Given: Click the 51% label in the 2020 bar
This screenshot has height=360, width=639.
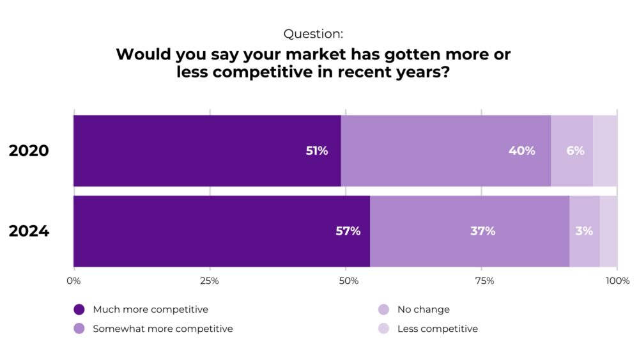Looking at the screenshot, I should point(316,151).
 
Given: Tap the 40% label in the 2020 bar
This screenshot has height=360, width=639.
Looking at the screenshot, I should point(521,151).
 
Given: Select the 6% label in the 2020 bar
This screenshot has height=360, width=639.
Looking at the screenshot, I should point(575,151).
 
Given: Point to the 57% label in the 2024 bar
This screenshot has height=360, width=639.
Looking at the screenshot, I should point(348,231).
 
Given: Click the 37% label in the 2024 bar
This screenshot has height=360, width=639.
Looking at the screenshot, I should point(482,231).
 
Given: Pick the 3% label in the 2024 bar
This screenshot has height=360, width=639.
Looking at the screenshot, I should point(583,231).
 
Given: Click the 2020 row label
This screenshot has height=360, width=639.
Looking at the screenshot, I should point(29,151).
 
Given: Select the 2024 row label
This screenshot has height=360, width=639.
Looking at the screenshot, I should point(29,231).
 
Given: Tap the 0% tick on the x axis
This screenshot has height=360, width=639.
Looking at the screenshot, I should point(73,281).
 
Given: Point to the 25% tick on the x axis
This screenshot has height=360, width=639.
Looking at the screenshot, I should point(210,281).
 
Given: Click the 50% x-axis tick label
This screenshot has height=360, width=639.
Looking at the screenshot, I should point(346,281).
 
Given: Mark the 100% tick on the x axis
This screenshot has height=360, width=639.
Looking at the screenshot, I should point(617,281).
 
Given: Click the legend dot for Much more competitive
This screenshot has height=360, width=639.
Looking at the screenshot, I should point(79,309).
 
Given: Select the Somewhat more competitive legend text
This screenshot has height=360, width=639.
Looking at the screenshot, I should point(162,329).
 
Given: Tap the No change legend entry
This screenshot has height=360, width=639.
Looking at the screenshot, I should point(423,309).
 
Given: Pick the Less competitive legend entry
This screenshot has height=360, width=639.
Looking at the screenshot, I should point(437,329).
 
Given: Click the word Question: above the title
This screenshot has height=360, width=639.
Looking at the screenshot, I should point(313,34).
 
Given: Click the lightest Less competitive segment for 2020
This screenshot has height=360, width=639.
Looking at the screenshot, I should point(605,151).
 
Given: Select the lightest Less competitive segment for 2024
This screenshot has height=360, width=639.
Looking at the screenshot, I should point(608,231).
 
